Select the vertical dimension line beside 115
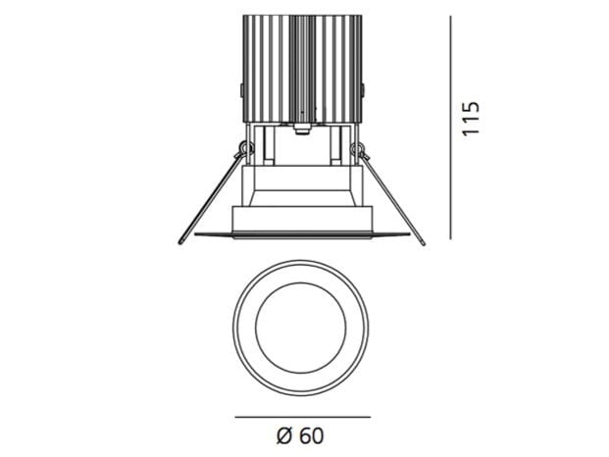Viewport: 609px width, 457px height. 449,126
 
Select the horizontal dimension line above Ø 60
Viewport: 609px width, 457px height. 302,416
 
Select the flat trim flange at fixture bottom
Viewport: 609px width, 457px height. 302,235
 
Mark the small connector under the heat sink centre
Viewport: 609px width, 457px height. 302,127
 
